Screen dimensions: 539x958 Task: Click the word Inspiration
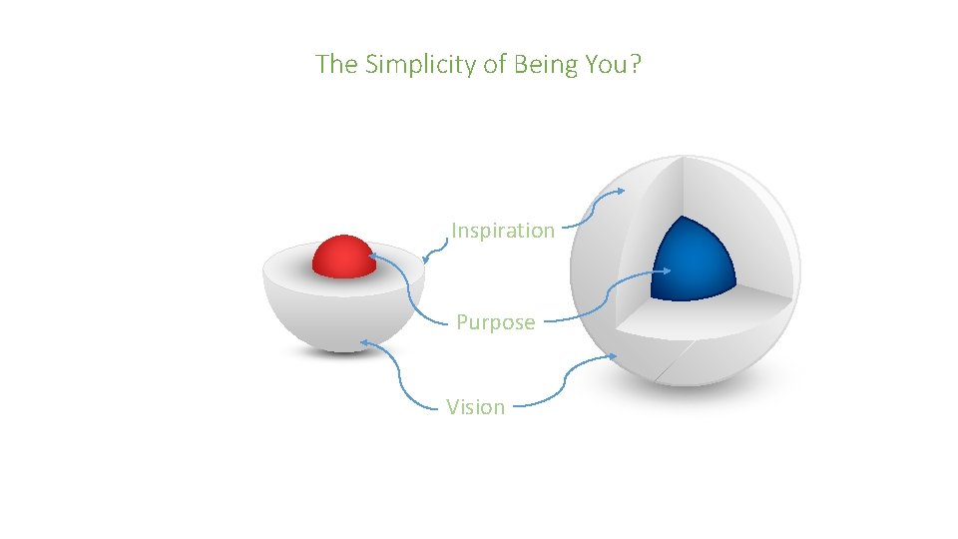click(502, 231)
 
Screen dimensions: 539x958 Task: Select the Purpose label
click(495, 322)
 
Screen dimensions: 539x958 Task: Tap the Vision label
click(475, 406)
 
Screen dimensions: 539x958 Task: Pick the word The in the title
click(337, 65)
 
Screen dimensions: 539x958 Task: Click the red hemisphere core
click(342, 257)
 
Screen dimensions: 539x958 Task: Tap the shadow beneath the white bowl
click(343, 349)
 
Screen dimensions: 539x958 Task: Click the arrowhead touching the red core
click(373, 257)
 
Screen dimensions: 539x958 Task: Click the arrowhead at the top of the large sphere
click(621, 190)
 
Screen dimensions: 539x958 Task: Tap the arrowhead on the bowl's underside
click(365, 342)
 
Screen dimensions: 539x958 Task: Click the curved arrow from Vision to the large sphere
click(565, 384)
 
